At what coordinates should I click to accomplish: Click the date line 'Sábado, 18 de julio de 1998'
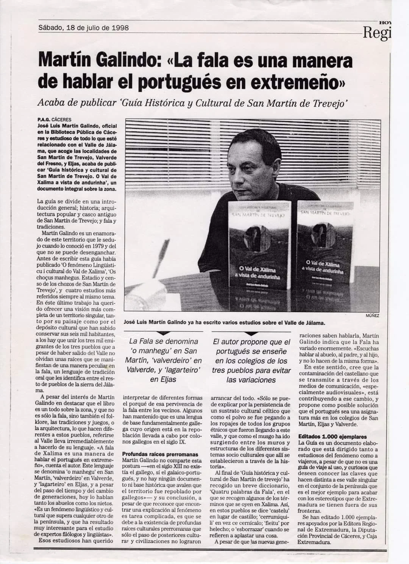click(x=83, y=28)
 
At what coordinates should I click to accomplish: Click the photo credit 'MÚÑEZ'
click(x=372, y=315)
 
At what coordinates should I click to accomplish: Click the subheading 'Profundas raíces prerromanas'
click(x=160, y=454)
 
